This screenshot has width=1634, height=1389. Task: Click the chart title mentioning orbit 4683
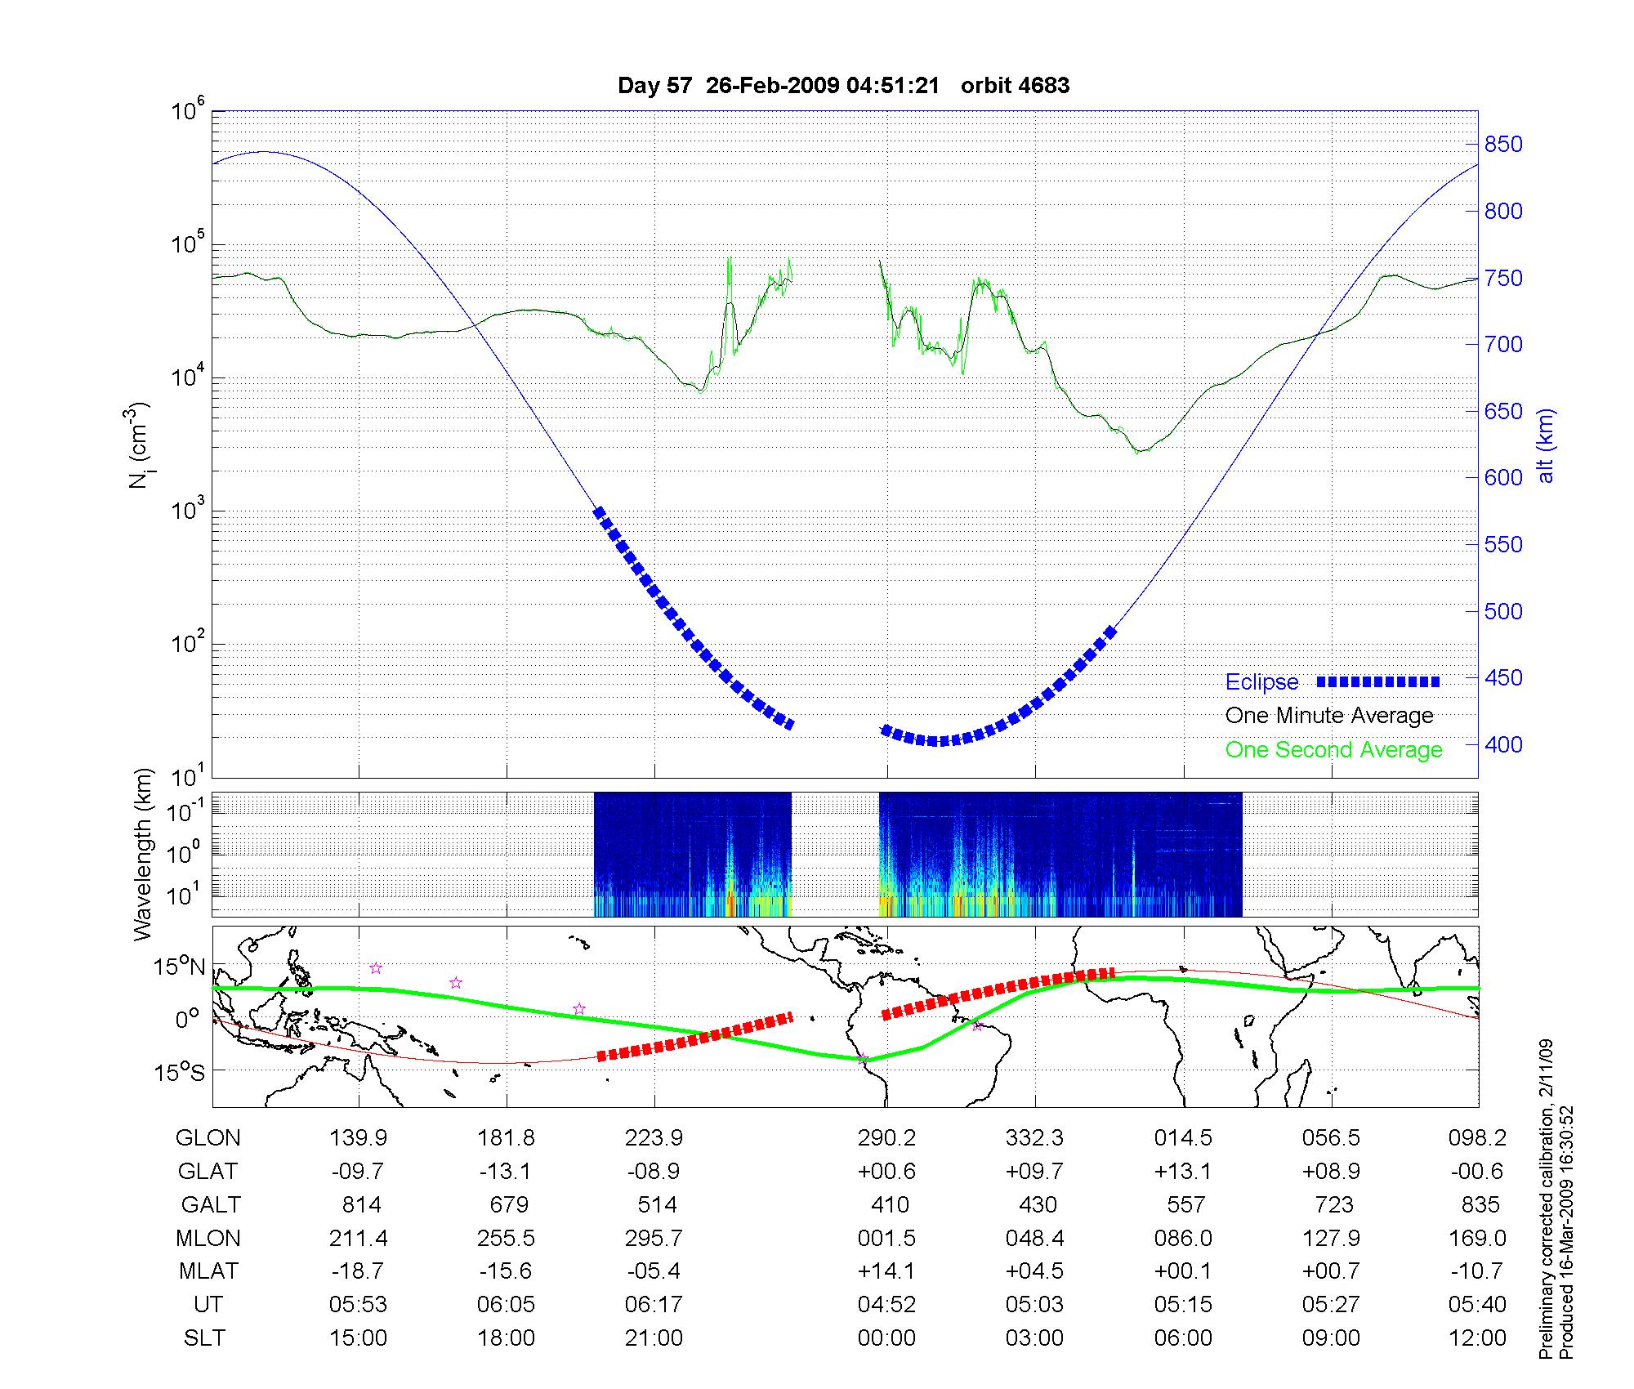(843, 86)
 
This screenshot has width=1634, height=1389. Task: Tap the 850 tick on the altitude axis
(1503, 145)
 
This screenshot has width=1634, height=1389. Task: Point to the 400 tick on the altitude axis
(1503, 744)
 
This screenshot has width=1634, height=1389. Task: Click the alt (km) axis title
(1546, 445)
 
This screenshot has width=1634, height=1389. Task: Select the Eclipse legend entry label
(1261, 682)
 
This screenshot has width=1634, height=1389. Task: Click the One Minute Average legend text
(1329, 716)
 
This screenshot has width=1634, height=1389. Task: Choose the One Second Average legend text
(1333, 750)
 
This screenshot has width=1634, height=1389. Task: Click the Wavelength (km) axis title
(144, 855)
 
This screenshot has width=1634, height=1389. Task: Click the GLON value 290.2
(886, 1137)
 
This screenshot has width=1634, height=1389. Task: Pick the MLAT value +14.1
(886, 1271)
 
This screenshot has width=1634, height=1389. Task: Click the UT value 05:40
(1477, 1305)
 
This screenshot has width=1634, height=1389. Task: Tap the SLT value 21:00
(654, 1338)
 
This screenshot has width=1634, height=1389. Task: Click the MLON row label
(208, 1238)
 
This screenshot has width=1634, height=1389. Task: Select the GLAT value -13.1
(506, 1171)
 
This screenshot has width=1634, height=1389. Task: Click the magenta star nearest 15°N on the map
(376, 968)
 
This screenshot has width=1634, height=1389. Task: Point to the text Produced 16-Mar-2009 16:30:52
(1565, 1232)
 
